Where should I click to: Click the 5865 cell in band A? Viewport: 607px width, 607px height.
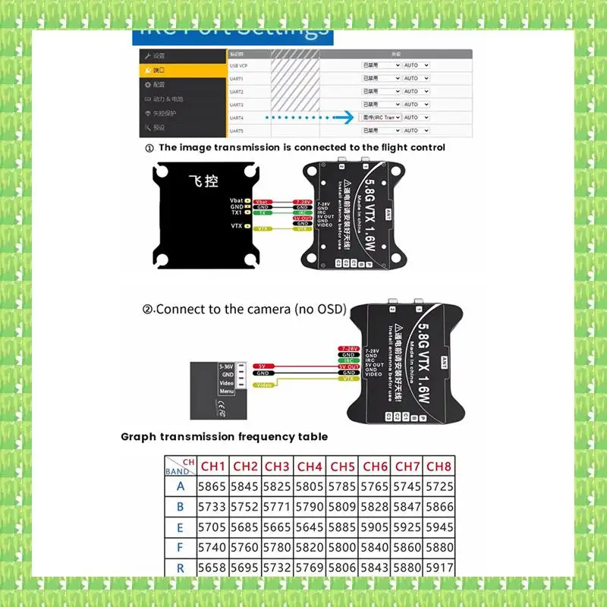point(212,486)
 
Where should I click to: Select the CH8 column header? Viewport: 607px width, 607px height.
point(439,466)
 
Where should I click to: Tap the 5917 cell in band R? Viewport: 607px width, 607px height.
point(439,568)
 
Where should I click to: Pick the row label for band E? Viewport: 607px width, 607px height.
point(180,527)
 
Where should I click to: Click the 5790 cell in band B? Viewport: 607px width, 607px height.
point(310,507)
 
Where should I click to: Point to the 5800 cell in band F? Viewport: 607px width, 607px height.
point(343,547)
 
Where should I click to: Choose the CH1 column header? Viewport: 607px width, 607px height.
point(212,466)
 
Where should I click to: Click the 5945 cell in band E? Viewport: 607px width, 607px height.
point(439,527)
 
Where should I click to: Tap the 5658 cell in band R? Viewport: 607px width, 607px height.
point(212,568)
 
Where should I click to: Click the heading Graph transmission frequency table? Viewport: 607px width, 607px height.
point(225,437)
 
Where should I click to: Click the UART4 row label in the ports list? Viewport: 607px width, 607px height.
point(236,118)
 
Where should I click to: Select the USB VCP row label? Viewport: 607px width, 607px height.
point(237,65)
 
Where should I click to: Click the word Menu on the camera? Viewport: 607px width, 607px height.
point(227,392)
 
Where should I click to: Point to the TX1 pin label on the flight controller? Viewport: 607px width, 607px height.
point(237,213)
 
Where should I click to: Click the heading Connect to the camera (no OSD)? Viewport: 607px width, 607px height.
point(244,309)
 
